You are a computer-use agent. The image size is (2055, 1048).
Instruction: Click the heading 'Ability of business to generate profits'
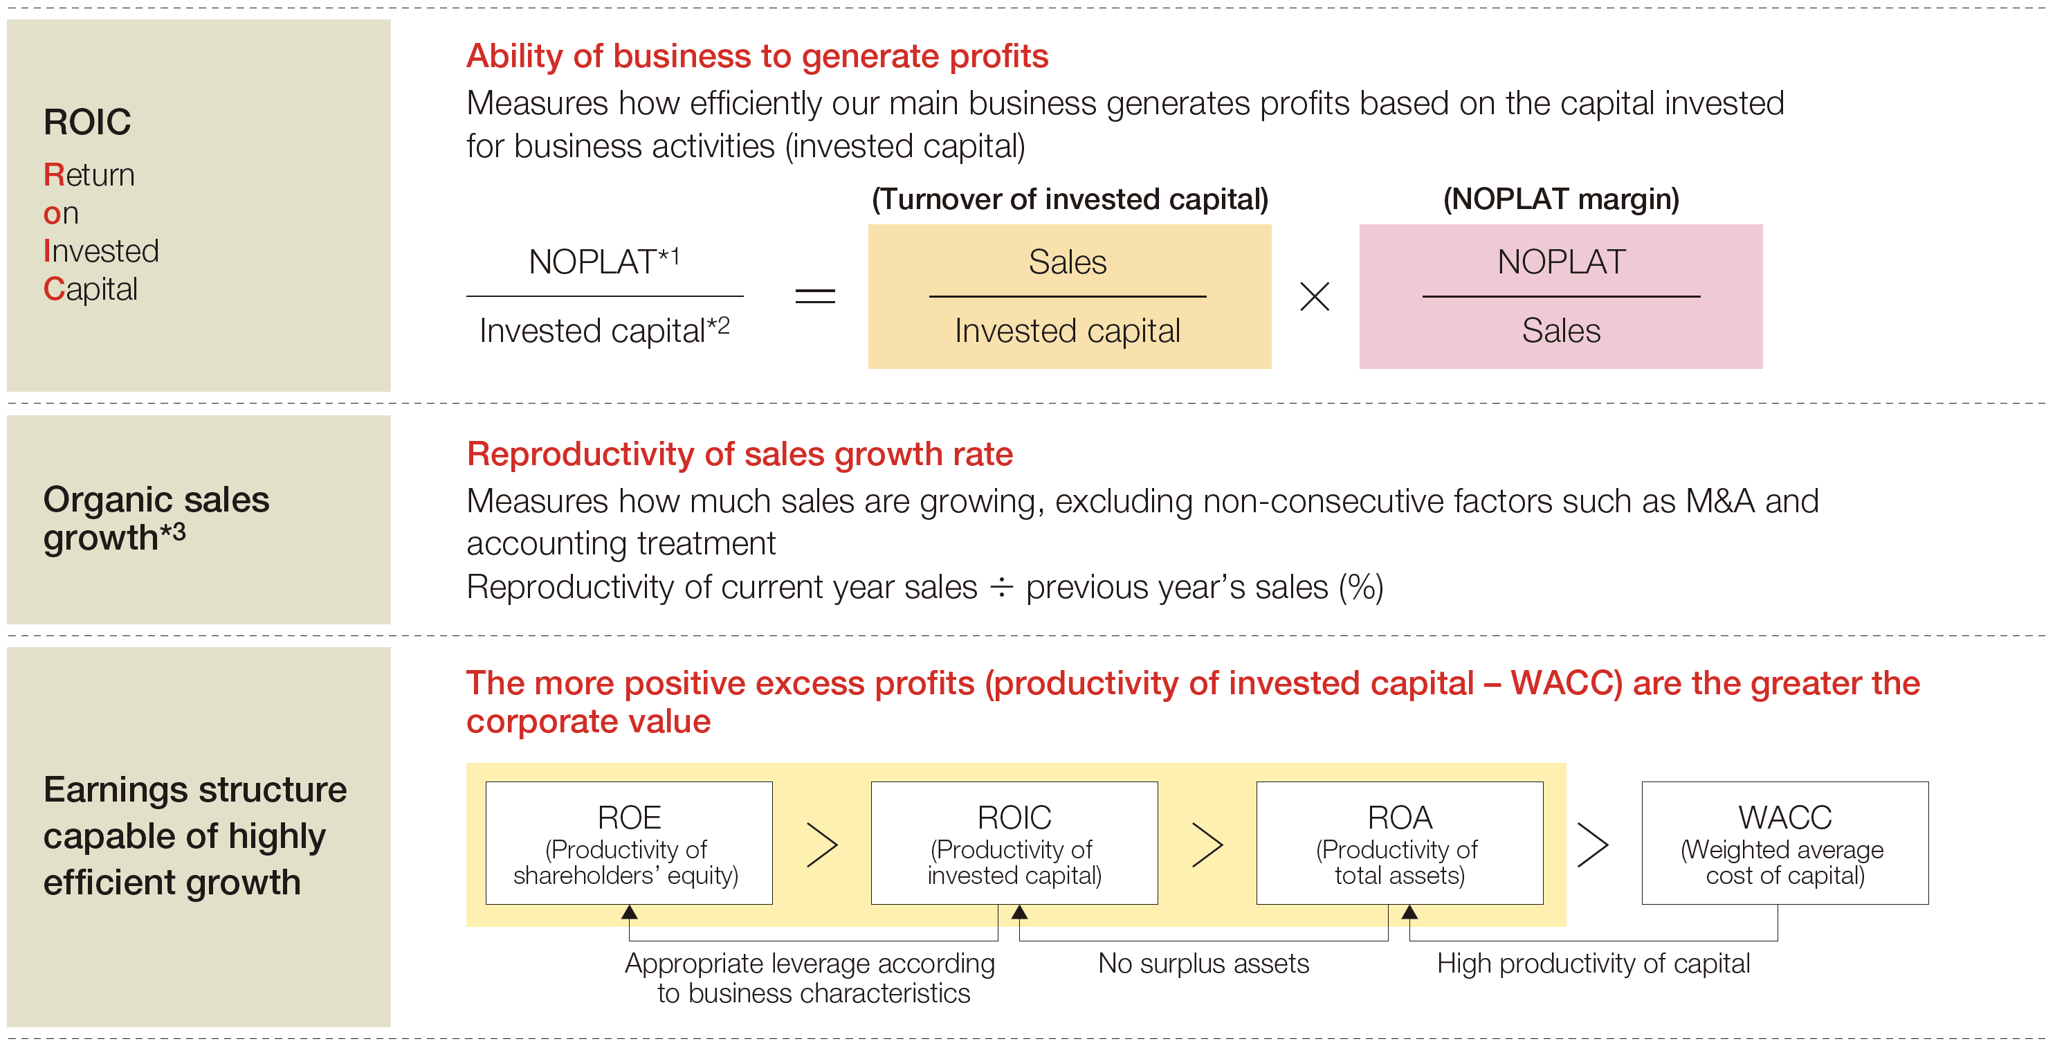(757, 57)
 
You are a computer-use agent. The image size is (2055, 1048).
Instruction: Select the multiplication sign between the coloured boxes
(1315, 296)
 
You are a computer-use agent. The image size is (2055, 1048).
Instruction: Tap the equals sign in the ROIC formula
(815, 296)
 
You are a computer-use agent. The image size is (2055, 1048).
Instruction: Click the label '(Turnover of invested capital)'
(1070, 199)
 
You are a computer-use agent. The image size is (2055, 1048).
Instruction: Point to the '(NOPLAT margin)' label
(1561, 199)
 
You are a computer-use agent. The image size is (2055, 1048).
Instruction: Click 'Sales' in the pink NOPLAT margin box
(1561, 330)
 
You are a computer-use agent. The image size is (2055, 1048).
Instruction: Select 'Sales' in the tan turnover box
(1068, 262)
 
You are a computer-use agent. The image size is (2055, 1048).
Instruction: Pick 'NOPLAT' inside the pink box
(1561, 262)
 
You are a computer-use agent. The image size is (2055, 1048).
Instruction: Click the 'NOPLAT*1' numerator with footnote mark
(604, 261)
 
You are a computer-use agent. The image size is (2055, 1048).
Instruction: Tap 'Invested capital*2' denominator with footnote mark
(604, 330)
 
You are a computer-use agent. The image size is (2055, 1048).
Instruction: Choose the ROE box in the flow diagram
(630, 843)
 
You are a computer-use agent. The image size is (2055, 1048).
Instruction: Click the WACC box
(1785, 843)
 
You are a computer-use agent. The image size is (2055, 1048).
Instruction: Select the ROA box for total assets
(1400, 843)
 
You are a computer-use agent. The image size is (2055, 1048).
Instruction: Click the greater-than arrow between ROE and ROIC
(823, 844)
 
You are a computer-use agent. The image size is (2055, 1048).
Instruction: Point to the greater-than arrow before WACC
(1593, 844)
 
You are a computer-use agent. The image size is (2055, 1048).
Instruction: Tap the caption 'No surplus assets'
(1204, 964)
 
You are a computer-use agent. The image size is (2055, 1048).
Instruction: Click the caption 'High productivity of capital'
(1594, 964)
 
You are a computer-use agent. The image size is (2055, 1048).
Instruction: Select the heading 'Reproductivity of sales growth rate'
(740, 454)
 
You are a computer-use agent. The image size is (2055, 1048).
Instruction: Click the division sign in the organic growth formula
(1002, 588)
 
